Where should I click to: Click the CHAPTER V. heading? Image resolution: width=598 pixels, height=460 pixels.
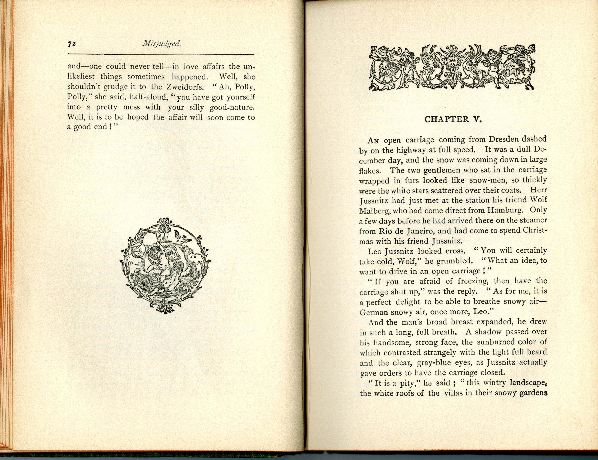point(453,119)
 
